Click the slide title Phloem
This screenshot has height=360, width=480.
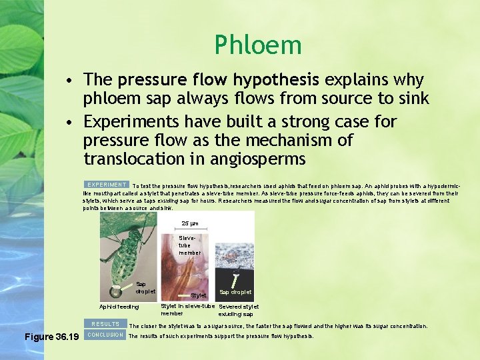[258, 45]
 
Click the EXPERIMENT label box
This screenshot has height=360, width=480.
[107, 185]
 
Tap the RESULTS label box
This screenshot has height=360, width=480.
[105, 324]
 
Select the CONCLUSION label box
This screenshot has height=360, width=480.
[105, 335]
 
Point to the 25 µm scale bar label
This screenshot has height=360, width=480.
[189, 223]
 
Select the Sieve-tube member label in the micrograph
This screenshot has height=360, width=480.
[189, 245]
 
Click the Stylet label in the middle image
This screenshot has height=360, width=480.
[199, 295]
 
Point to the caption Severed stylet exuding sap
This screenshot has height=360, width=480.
[239, 311]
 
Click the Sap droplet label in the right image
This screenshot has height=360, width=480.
[235, 292]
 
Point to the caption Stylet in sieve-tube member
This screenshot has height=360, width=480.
[187, 310]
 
